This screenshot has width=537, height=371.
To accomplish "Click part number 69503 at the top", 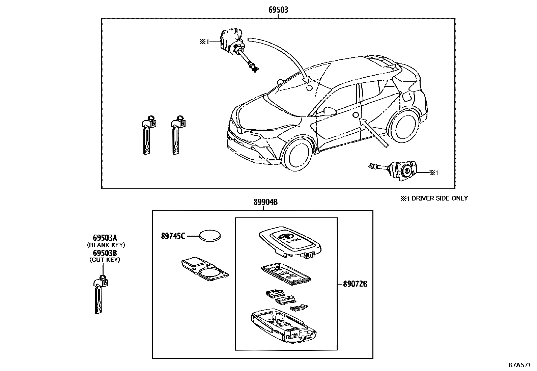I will pos(278,10).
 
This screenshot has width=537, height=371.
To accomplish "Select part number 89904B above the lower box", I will pos(265,202).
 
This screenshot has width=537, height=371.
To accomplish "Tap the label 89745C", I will pos(173,236).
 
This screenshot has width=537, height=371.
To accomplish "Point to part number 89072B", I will pos(355,284).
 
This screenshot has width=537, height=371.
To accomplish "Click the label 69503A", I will pos(104,238).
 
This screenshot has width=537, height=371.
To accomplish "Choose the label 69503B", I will pos(104,253).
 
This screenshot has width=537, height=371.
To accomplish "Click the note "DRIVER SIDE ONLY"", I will pos(438,198).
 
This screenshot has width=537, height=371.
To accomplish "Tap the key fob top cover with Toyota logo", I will pos(289,240).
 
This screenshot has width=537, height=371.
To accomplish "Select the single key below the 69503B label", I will pos(100,294).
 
